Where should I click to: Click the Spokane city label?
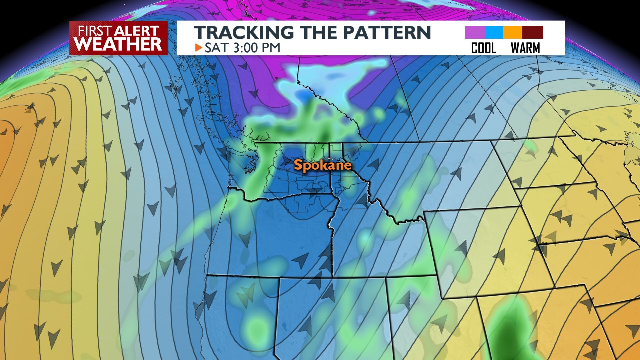(x=322, y=165)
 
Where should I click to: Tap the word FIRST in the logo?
(x=95, y=31)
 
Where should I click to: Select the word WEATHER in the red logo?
(x=118, y=44)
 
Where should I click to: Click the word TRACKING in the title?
(x=244, y=33)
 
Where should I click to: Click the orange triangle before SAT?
(x=199, y=48)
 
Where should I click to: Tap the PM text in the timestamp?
(x=272, y=48)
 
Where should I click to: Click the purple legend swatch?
(x=475, y=33)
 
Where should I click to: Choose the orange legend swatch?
(x=513, y=33)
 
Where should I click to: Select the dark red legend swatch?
(x=533, y=33)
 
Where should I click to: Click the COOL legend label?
(x=483, y=48)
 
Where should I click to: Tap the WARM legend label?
(x=525, y=48)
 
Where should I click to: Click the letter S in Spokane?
(x=298, y=165)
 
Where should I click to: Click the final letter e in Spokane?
(x=348, y=166)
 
